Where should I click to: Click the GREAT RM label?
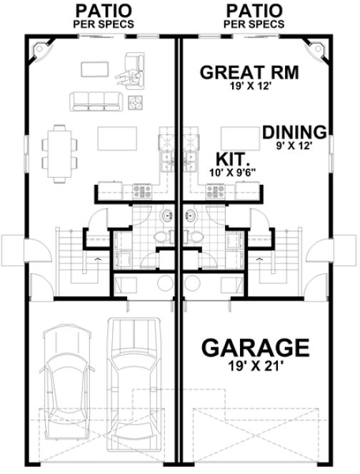249,72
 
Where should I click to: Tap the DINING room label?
294,132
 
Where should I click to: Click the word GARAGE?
255,348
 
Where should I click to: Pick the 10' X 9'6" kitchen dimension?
233,173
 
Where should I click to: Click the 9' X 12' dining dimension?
294,145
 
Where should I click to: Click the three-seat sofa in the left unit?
95,101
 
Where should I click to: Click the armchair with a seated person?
134,69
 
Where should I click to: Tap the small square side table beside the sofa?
136,104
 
